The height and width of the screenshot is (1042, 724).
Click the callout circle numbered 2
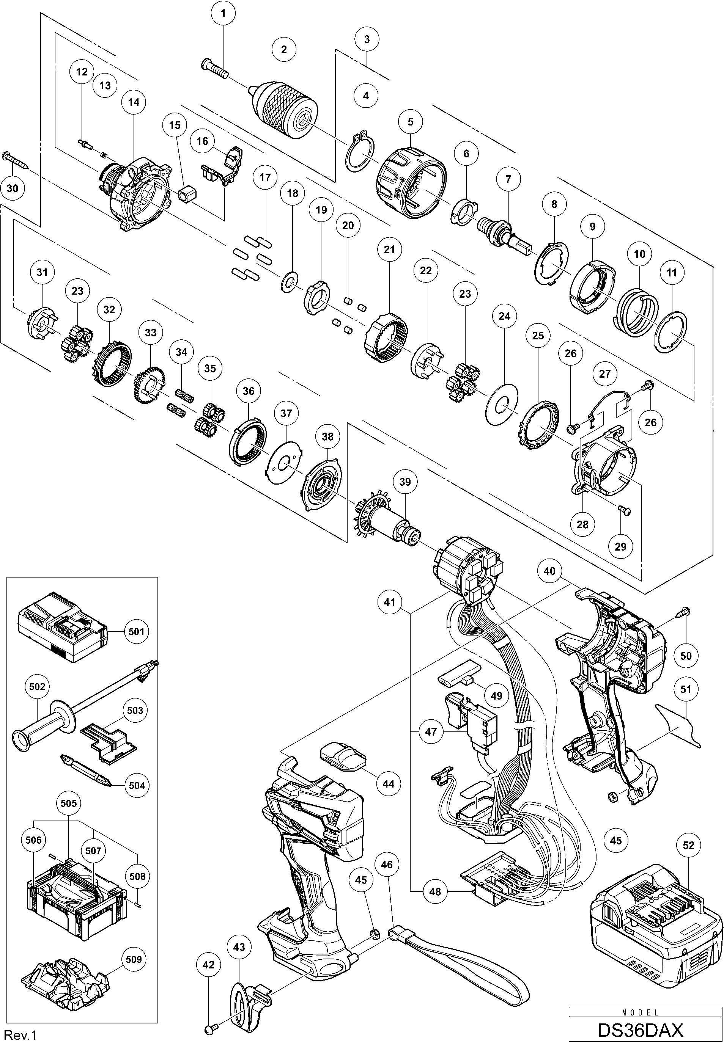coord(284,49)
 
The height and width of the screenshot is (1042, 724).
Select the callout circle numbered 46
coord(387,864)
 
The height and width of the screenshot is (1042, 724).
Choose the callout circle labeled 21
coord(389,250)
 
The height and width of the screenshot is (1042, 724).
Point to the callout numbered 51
coord(685,689)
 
